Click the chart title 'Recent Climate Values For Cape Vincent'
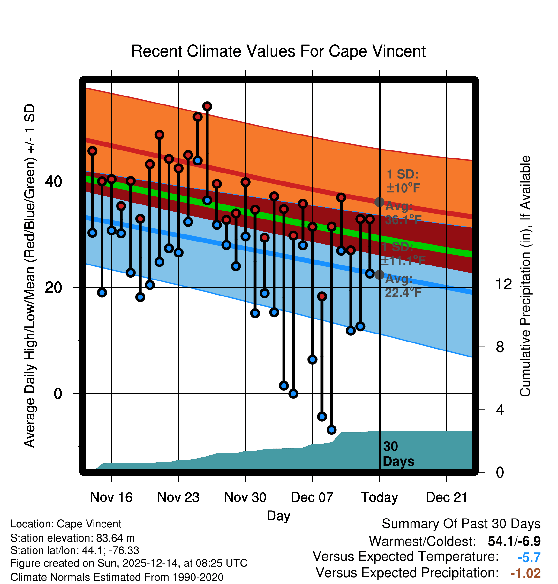point(278,51)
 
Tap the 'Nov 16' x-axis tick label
point(111,497)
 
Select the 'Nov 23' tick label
point(178,497)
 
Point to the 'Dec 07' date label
point(312,497)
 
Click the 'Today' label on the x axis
point(379,497)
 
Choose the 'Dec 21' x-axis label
point(447,497)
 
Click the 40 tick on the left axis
point(54,181)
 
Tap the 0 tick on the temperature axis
point(58,393)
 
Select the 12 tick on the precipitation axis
point(504,284)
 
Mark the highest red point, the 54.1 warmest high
point(207,106)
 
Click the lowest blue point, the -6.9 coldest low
point(331,430)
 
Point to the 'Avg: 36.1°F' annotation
point(403,213)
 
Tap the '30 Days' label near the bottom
point(398,454)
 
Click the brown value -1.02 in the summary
point(525,573)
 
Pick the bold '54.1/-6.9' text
point(514,541)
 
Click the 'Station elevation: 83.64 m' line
point(72,538)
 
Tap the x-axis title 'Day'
point(278,516)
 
